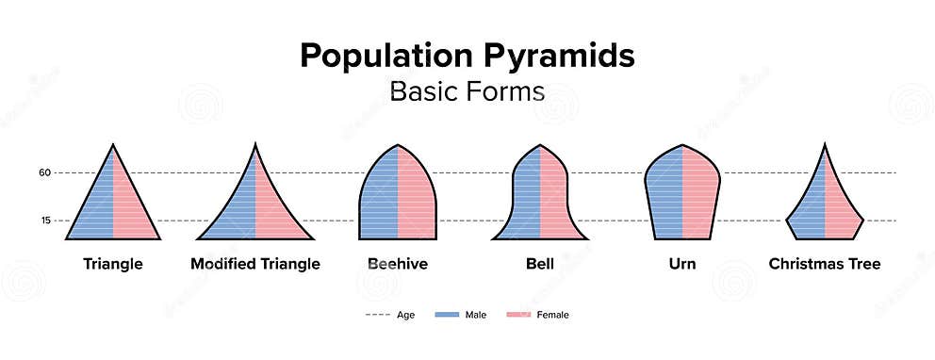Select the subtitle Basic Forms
(x=467, y=92)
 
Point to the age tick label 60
(x=44, y=172)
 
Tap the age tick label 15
(x=44, y=221)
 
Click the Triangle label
(x=113, y=264)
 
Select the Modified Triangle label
(x=255, y=264)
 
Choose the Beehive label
(x=397, y=264)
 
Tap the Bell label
(x=540, y=264)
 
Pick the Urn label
(x=682, y=264)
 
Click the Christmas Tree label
(x=825, y=264)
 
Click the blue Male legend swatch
(x=447, y=314)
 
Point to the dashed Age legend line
(x=377, y=314)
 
